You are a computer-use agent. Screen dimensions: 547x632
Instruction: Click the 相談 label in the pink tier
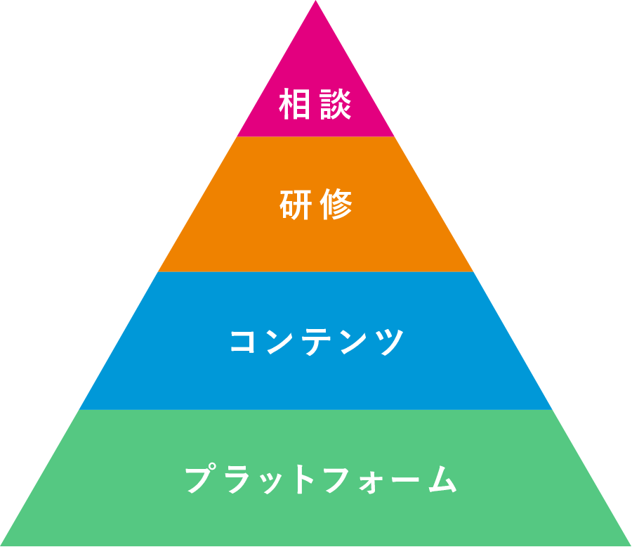315,104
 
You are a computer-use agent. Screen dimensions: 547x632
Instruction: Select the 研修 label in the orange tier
315,205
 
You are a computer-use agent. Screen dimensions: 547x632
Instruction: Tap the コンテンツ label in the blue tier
317,342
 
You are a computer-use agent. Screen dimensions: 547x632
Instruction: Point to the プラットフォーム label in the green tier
321,480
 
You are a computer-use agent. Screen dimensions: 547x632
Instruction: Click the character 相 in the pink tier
295,104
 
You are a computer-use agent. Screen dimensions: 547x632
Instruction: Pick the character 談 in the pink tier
336,104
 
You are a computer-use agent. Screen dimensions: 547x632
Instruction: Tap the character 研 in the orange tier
295,205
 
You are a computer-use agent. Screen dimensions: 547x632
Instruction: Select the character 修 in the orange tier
336,205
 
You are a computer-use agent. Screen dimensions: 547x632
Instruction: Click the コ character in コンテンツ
244,342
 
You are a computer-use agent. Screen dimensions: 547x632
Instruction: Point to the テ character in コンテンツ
317,342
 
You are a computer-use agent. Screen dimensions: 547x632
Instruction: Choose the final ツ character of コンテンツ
388,342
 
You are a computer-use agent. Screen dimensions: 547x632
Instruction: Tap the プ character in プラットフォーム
199,480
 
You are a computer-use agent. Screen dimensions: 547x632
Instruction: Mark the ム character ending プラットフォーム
442,480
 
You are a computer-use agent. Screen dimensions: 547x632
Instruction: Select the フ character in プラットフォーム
338,480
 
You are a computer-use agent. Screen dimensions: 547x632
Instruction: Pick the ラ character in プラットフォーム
236,480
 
